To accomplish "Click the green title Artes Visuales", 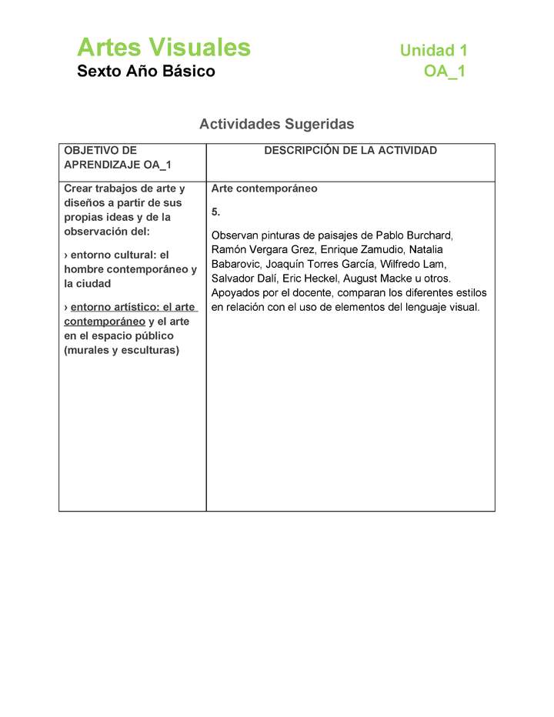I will pos(164,48).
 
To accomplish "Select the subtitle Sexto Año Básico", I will pos(146,72).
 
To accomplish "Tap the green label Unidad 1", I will pos(433,51).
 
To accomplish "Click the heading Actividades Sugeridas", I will pos(277,124).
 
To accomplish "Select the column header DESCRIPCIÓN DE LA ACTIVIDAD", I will pos(350,151).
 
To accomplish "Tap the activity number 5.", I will pos(215,212).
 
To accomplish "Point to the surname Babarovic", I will pos(237,264).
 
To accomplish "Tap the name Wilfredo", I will pos(404,264).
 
